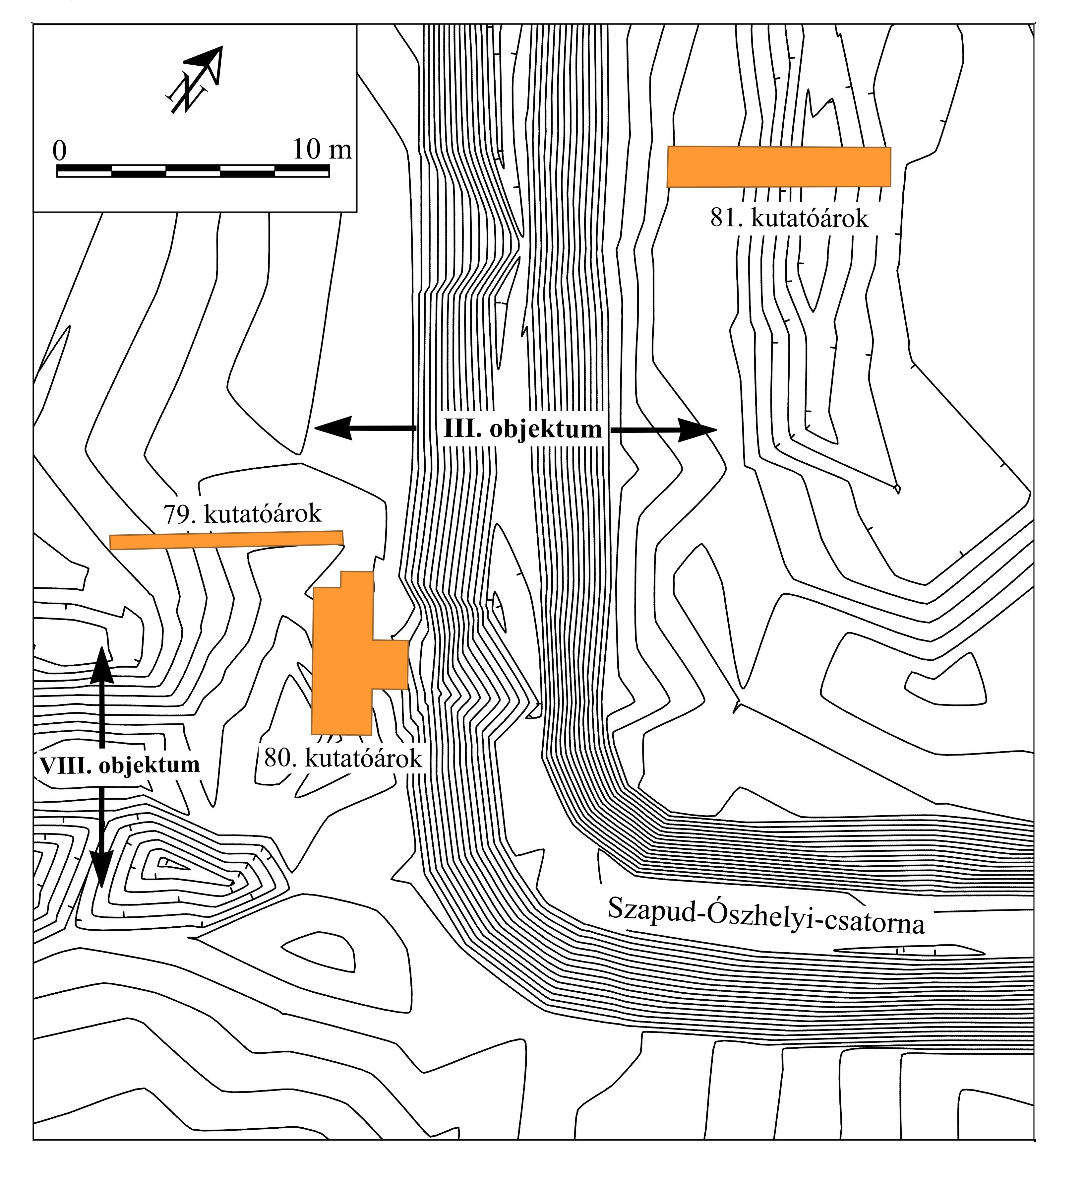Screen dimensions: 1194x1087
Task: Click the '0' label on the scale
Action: pos(59,151)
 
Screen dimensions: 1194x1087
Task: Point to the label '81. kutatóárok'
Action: pos(789,219)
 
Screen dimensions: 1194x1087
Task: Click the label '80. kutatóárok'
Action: pos(343,759)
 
